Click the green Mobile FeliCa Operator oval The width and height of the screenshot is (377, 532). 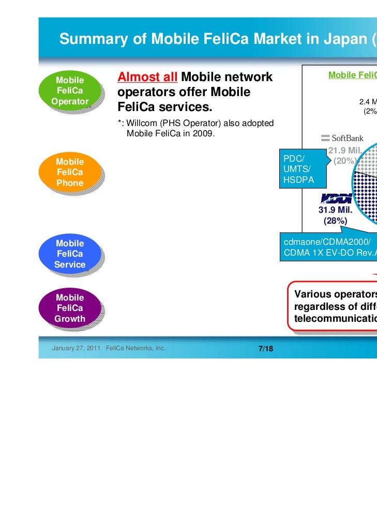[70, 91]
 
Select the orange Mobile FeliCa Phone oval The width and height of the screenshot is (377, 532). [70, 173]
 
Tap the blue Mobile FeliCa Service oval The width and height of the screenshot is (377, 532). [70, 254]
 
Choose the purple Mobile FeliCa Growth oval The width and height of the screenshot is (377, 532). [70, 308]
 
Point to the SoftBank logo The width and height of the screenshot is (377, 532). [342, 138]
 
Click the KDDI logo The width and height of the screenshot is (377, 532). [336, 198]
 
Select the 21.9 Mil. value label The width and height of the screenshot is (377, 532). [343, 151]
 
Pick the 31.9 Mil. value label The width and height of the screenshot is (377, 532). [335, 211]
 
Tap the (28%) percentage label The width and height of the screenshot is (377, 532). [335, 221]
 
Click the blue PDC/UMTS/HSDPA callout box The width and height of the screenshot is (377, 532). [298, 169]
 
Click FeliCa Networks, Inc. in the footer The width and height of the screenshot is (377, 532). [135, 349]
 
